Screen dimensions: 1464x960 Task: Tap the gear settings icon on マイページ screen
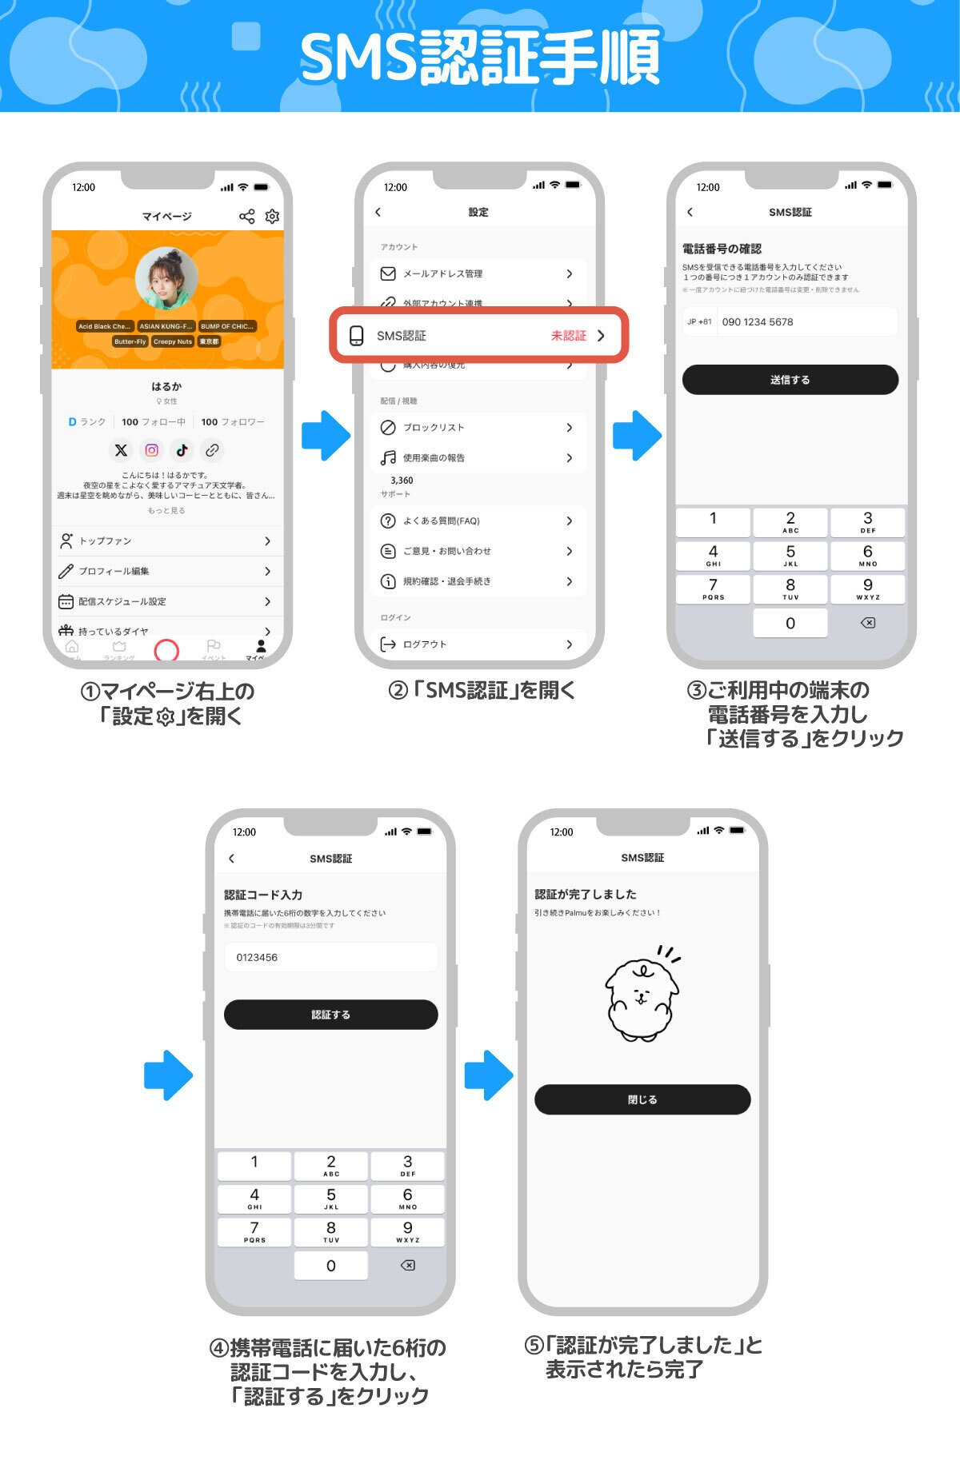click(272, 217)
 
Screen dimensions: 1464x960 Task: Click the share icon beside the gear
click(247, 217)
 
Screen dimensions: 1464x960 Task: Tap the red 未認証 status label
click(568, 336)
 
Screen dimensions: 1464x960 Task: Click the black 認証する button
click(330, 1015)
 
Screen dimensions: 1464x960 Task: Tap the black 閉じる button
click(642, 1099)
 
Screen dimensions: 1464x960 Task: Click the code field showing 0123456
click(330, 957)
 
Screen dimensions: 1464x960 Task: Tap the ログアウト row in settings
click(478, 644)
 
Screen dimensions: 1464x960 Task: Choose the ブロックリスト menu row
click(478, 428)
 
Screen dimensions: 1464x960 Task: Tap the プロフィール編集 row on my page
click(166, 572)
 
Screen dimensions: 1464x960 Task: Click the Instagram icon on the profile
click(151, 450)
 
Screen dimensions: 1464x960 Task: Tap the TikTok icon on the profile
click(182, 450)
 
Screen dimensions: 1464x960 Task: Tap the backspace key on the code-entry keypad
click(407, 1266)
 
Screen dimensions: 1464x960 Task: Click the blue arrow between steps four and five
click(488, 1075)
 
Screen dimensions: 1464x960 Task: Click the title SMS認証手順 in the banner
click(480, 58)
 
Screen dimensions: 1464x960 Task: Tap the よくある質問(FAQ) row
click(478, 521)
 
